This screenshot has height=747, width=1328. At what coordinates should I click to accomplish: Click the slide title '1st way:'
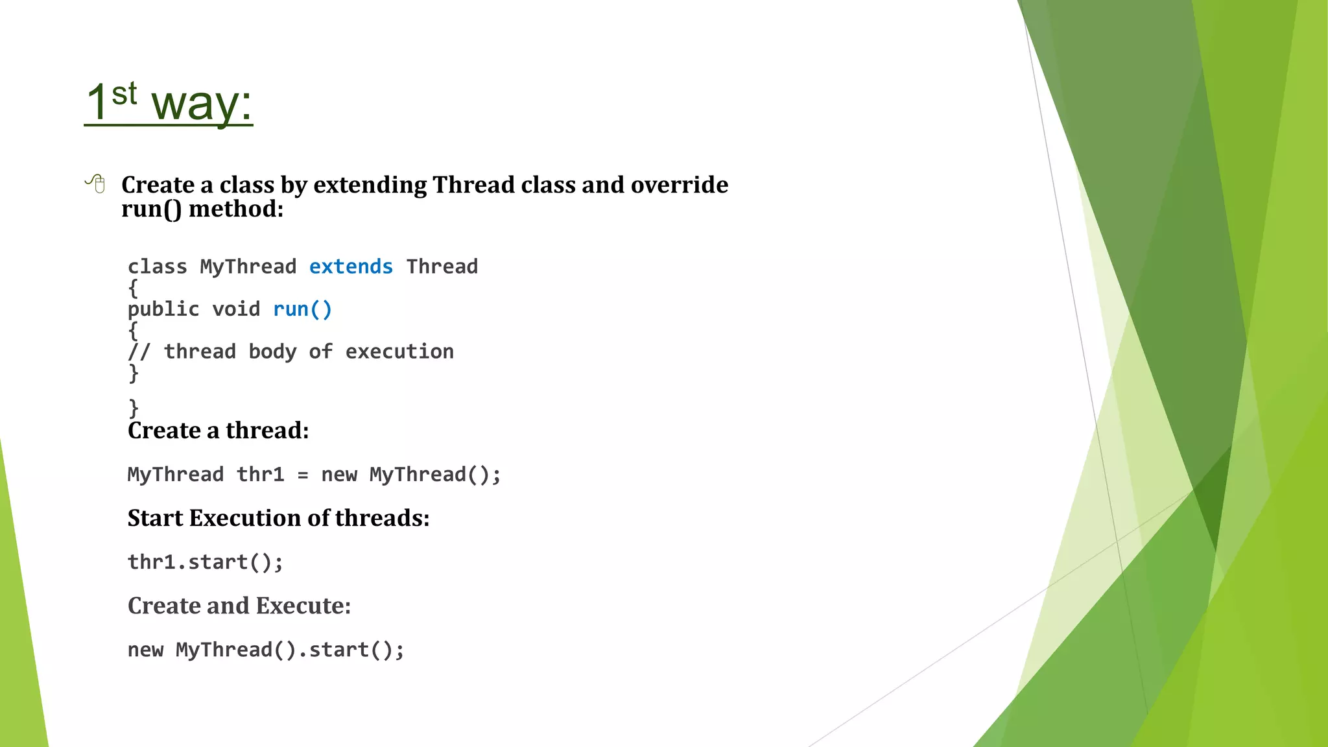pyautogui.click(x=169, y=102)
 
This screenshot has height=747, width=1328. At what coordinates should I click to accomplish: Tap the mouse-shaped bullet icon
pyautogui.click(x=96, y=184)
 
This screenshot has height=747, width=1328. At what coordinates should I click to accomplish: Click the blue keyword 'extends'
pyautogui.click(x=351, y=267)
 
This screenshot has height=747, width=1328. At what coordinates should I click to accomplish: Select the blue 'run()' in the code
pyautogui.click(x=302, y=309)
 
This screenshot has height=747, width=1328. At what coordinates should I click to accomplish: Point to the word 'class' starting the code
pyautogui.click(x=157, y=267)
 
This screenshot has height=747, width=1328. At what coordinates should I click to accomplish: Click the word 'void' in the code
pyautogui.click(x=236, y=309)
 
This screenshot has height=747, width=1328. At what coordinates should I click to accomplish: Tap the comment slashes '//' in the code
pyautogui.click(x=139, y=351)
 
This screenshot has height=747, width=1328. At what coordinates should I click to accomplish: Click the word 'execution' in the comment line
pyautogui.click(x=399, y=351)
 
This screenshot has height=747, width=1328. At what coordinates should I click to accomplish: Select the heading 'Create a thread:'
pyautogui.click(x=218, y=431)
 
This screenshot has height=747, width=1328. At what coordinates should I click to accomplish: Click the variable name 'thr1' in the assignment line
pyautogui.click(x=260, y=475)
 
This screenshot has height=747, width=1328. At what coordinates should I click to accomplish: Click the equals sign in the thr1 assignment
pyautogui.click(x=303, y=475)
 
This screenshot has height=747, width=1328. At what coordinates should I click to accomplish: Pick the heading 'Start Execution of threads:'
pyautogui.click(x=278, y=518)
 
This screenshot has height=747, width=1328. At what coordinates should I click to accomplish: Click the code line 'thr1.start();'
pyautogui.click(x=205, y=562)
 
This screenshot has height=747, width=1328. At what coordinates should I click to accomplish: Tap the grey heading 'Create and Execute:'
pyautogui.click(x=239, y=606)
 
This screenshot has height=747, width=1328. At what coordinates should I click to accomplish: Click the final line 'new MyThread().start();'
pyautogui.click(x=266, y=650)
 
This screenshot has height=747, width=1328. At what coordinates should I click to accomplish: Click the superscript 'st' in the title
pyautogui.click(x=124, y=93)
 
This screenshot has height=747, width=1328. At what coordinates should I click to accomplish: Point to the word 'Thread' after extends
pyautogui.click(x=442, y=267)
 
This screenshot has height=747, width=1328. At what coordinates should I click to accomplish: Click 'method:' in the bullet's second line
pyautogui.click(x=236, y=209)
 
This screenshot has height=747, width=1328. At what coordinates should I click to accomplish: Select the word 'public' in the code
pyautogui.click(x=163, y=309)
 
